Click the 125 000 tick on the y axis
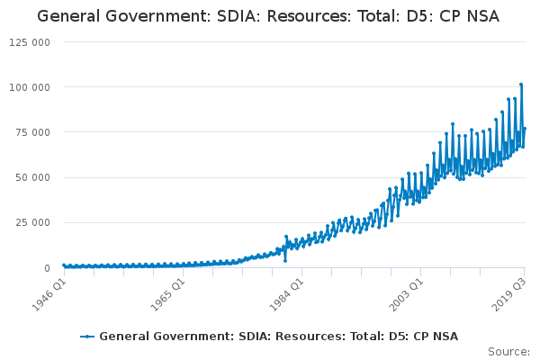(x=31, y=42)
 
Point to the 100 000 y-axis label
(x=31, y=87)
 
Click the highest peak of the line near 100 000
(x=521, y=85)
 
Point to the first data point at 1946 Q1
(x=63, y=265)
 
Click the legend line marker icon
(x=87, y=337)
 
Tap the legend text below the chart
(x=278, y=337)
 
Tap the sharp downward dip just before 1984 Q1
(x=285, y=260)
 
